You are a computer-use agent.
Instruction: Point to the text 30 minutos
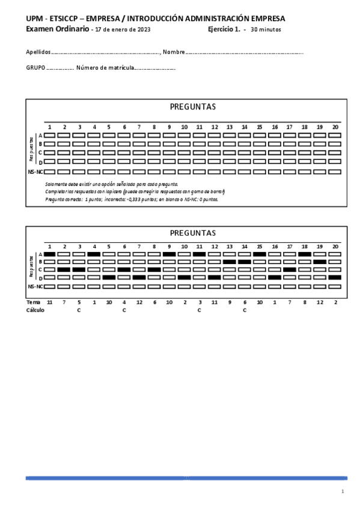(266, 29)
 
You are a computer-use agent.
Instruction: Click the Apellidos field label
(38, 52)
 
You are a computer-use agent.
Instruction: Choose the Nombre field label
(173, 52)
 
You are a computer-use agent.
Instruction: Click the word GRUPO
(35, 68)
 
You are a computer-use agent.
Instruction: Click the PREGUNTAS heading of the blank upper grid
(192, 107)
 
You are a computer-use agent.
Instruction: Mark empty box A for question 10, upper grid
(184, 135)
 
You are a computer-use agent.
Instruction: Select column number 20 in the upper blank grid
(335, 127)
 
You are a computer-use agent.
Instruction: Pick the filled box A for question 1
(49, 254)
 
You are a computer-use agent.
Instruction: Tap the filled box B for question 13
(230, 262)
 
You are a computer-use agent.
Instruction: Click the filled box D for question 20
(335, 277)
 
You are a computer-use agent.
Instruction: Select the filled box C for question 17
(290, 269)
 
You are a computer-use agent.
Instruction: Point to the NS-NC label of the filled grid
(35, 287)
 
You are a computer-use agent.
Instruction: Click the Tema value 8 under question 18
(305, 301)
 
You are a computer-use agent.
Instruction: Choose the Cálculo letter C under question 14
(245, 310)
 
